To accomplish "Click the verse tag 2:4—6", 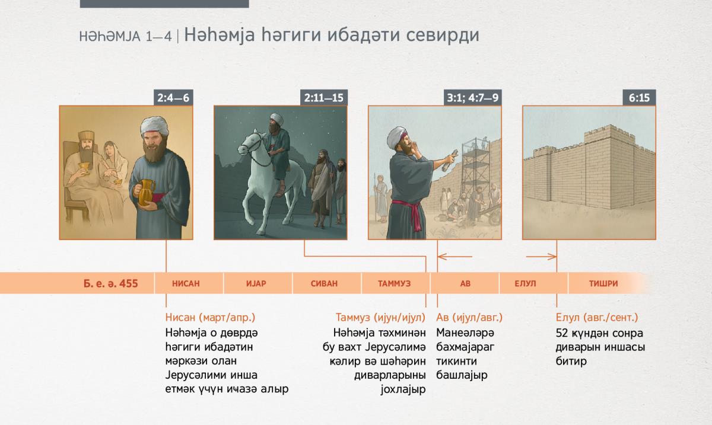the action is [x=173, y=98].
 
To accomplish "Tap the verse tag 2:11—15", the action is [x=324, y=98].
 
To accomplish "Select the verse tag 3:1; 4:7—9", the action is [x=473, y=98].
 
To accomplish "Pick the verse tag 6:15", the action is [x=639, y=98].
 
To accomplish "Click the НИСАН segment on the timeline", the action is [x=186, y=283].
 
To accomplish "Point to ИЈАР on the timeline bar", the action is [x=256, y=283].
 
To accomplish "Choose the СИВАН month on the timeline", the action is [x=324, y=283].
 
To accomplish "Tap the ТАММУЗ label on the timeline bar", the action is [x=394, y=283].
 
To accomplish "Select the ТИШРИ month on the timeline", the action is [x=603, y=283].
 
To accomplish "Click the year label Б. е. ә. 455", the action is [x=110, y=283].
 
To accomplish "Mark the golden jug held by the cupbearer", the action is [x=146, y=192].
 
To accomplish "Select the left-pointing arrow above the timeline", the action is [x=455, y=256].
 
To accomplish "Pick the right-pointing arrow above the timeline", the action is [x=541, y=256].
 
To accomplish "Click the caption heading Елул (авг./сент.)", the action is [x=597, y=317].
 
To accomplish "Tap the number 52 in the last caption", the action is [x=562, y=333].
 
